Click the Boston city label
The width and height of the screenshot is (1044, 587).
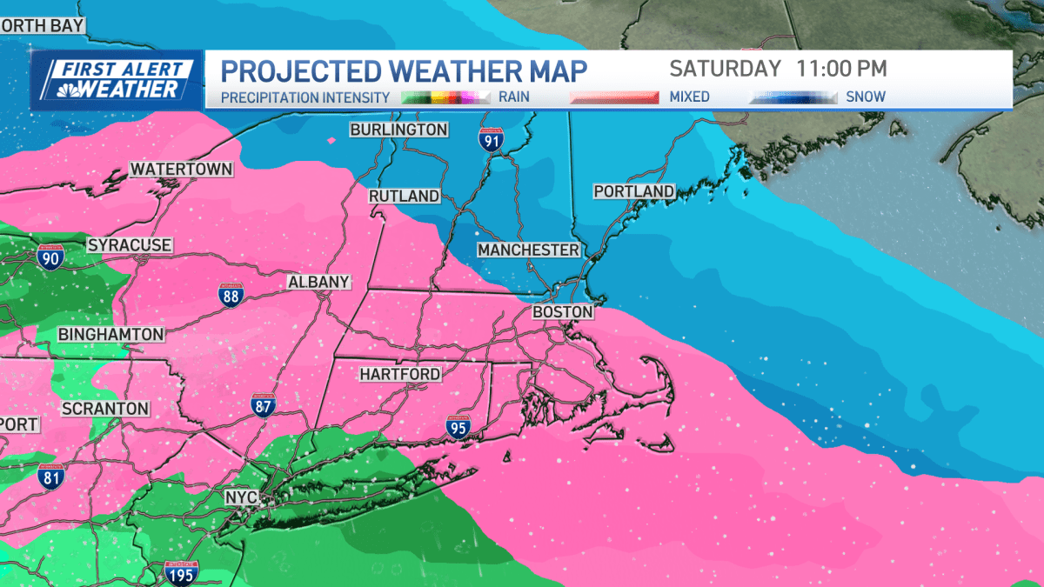point(562,311)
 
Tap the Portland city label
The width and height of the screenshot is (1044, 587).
point(633,191)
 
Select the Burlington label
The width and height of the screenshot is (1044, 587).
point(398,130)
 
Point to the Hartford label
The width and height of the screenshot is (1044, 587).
point(400,374)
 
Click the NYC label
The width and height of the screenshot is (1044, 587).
point(242,497)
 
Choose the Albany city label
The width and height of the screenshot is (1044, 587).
point(318,282)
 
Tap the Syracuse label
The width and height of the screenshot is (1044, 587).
point(130,245)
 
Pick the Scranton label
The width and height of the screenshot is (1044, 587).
point(105,408)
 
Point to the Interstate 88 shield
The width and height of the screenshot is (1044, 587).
point(231,295)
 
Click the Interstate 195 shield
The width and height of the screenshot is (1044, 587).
point(180,572)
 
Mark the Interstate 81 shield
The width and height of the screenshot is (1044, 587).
point(51,476)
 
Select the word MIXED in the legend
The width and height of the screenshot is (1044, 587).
point(689,97)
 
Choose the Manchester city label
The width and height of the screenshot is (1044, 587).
point(528,250)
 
